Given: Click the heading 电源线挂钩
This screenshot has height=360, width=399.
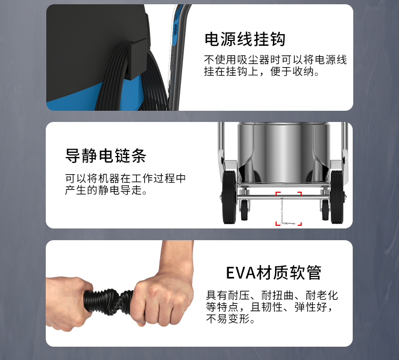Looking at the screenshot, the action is coord(245,39).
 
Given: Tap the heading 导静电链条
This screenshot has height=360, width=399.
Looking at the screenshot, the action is coord(106,156).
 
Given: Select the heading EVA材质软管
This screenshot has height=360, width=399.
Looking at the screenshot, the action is coord(273,273).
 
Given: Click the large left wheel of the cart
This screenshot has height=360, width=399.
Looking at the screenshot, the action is coord(229,197).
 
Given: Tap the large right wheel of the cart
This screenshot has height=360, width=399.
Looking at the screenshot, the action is coord(337,197).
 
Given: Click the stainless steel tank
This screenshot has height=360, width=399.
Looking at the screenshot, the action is coord(283,152).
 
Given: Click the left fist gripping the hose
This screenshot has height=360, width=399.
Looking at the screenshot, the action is coord(69,303).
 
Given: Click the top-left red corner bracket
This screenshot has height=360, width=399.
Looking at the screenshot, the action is coord(278,194).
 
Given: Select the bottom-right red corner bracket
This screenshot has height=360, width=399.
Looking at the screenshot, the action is coord(300,224).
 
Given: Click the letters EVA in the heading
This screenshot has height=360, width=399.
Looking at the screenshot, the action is coord(240,273).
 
